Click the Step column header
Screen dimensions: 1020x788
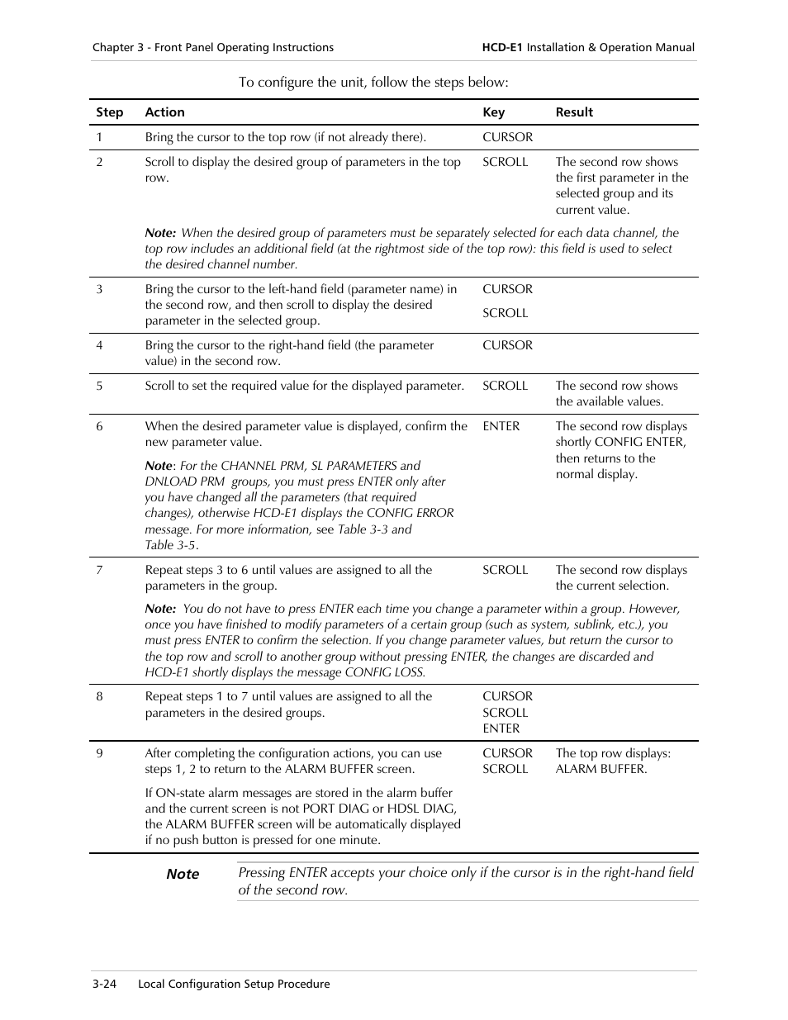point(109,112)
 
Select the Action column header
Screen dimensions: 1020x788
point(164,112)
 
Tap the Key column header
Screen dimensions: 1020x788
point(493,112)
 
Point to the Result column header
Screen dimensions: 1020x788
point(574,112)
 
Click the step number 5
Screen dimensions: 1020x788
point(99,386)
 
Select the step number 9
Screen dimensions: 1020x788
point(99,753)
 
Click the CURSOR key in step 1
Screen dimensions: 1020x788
point(507,137)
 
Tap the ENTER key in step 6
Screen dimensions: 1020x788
point(501,426)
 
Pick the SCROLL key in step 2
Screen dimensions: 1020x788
point(505,162)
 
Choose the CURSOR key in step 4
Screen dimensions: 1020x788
point(507,345)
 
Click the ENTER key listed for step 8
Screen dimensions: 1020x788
point(501,728)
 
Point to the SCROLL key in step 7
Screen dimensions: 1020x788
point(505,570)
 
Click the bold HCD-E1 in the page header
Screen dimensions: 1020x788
point(502,48)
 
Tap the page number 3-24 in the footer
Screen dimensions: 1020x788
point(104,984)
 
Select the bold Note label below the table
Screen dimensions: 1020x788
point(183,874)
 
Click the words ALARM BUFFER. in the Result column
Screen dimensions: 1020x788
point(601,769)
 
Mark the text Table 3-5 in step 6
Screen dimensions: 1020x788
point(170,545)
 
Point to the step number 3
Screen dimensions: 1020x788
point(99,289)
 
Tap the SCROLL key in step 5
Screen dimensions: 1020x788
point(505,386)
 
